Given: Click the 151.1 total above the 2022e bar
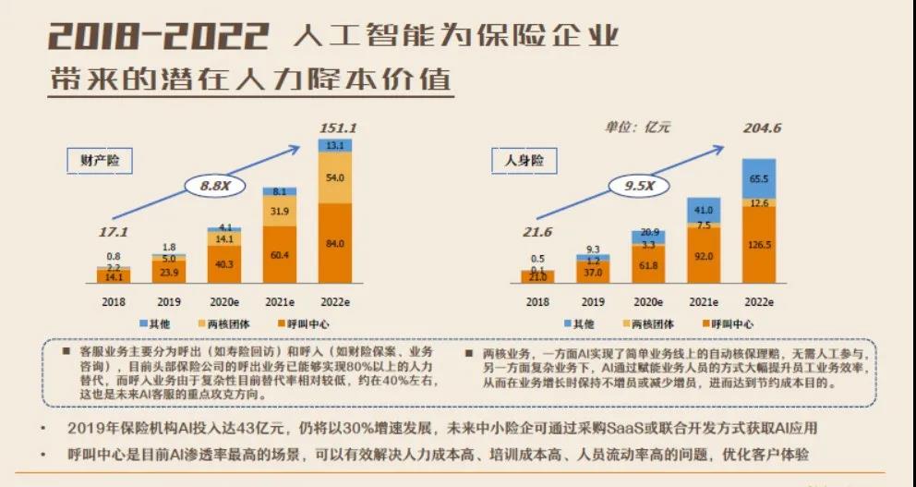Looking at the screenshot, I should tap(337, 128).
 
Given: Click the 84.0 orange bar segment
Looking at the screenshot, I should tap(336, 243).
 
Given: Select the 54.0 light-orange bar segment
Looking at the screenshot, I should tap(336, 177).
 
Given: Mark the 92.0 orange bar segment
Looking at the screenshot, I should tap(703, 255).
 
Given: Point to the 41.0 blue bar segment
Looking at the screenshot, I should tap(703, 210).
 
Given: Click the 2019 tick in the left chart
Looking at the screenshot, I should tap(168, 301).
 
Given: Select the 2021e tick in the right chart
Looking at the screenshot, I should tap(703, 301).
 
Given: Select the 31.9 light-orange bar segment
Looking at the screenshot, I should tap(279, 211).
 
